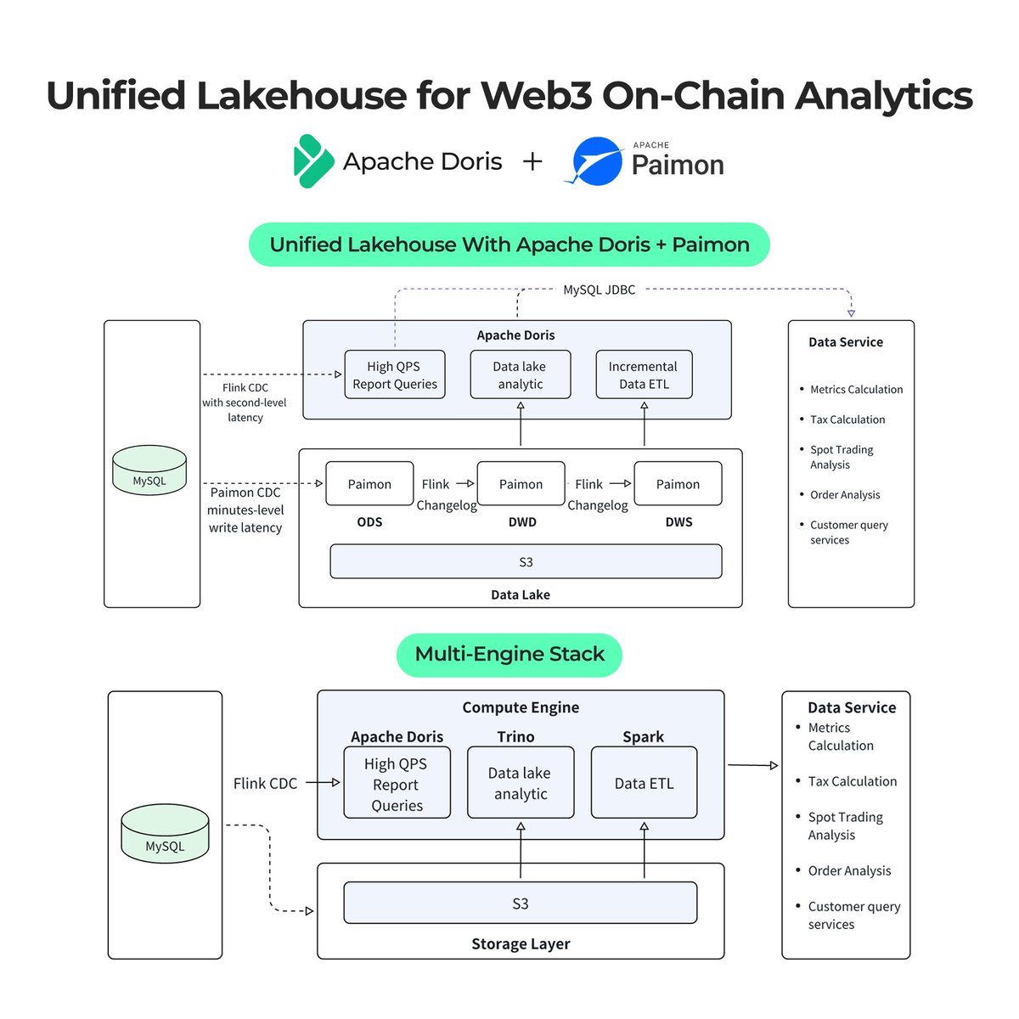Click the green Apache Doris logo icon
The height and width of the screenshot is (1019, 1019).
(x=312, y=161)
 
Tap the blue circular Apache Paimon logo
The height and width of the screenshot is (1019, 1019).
(x=598, y=160)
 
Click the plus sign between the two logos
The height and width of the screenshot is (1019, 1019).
(x=532, y=161)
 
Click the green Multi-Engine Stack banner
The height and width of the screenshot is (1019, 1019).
(x=509, y=655)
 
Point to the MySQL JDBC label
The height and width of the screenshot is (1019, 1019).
(x=599, y=290)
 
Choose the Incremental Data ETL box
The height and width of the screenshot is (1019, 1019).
(x=644, y=374)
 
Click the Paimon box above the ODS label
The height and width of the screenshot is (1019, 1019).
(x=369, y=484)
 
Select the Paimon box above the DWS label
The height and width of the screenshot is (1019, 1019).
(x=678, y=484)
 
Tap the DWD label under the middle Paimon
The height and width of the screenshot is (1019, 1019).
(x=522, y=522)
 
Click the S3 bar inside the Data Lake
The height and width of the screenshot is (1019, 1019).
(x=526, y=562)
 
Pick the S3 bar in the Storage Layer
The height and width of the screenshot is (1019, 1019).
(x=520, y=904)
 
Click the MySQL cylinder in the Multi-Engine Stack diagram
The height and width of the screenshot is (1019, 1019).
(x=165, y=834)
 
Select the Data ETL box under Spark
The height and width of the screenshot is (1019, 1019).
(x=644, y=783)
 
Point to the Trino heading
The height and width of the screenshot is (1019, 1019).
(x=515, y=737)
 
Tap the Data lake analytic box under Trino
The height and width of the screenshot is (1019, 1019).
(x=521, y=783)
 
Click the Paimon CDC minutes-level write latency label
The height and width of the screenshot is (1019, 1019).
(x=245, y=509)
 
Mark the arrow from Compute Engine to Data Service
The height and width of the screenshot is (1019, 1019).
(x=752, y=765)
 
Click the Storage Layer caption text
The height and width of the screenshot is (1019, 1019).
(x=521, y=943)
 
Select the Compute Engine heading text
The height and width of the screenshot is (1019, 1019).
(x=521, y=707)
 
